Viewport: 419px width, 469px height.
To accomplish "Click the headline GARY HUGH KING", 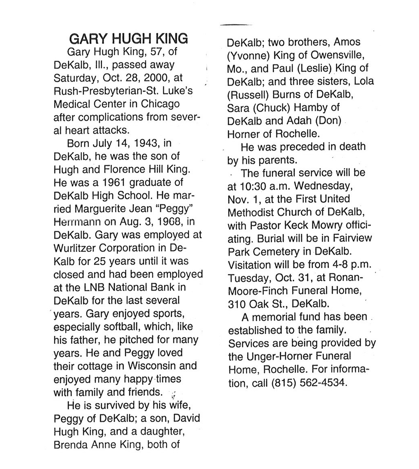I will pyautogui.click(x=128, y=39).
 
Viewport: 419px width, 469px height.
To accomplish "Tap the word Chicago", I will pyautogui.click(x=160, y=104).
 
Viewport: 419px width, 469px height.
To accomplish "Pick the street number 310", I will pyautogui.click(x=237, y=303).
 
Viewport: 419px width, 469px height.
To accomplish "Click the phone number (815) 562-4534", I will pyautogui.click(x=311, y=382).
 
